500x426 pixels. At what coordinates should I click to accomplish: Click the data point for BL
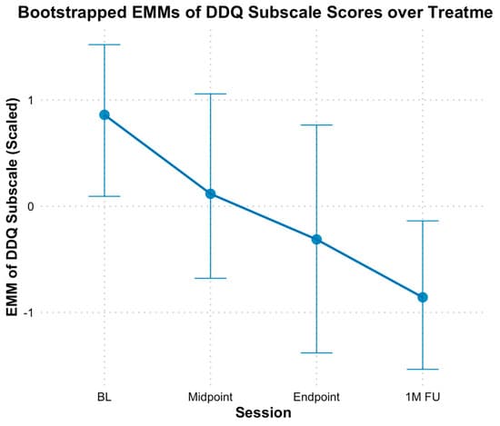click(105, 114)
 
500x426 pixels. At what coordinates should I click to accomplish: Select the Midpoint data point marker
click(211, 193)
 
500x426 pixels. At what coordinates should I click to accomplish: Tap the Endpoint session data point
click(317, 239)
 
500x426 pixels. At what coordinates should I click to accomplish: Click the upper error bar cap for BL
click(105, 45)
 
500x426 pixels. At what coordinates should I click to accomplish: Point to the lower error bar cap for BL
click(105, 196)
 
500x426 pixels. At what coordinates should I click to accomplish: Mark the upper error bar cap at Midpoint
click(211, 94)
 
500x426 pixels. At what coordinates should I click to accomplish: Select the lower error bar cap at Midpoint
click(211, 278)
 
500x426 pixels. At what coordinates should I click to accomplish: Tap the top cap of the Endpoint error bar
click(317, 124)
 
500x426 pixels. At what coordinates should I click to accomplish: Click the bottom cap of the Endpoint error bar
click(317, 352)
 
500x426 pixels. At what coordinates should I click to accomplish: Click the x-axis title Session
click(264, 413)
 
